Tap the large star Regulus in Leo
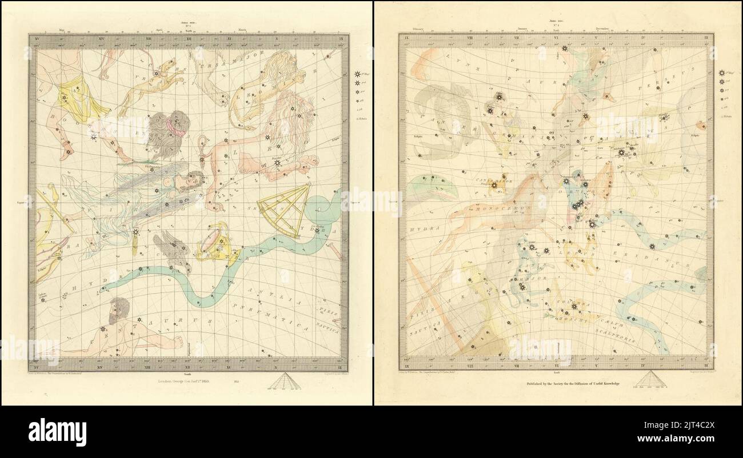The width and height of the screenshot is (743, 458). [277, 163]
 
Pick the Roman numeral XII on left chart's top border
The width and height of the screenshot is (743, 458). [189, 39]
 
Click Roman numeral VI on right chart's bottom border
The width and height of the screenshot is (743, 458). [556, 364]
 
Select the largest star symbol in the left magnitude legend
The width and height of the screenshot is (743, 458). [358, 74]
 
